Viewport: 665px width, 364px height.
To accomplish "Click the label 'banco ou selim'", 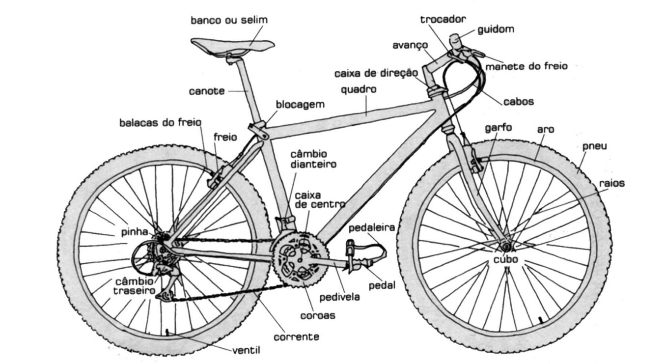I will (x=229, y=20).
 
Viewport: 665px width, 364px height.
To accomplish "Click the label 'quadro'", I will (x=359, y=90).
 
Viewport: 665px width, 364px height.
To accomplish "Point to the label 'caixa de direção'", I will (x=376, y=74).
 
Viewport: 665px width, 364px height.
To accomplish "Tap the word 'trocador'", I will (x=443, y=19).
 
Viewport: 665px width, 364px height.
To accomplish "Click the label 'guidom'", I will (x=496, y=29).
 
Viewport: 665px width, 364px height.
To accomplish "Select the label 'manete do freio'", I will (x=526, y=65).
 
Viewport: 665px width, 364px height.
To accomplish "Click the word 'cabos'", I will (x=518, y=102).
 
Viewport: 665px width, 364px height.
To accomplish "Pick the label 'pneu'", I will (x=594, y=146).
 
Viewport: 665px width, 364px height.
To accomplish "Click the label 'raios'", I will (x=611, y=183).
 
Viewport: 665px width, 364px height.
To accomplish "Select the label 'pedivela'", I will (x=339, y=297).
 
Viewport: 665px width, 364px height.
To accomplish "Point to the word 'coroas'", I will (x=318, y=315).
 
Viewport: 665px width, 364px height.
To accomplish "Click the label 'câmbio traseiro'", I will (x=135, y=286).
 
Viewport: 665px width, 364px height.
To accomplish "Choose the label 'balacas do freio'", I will (x=160, y=122).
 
